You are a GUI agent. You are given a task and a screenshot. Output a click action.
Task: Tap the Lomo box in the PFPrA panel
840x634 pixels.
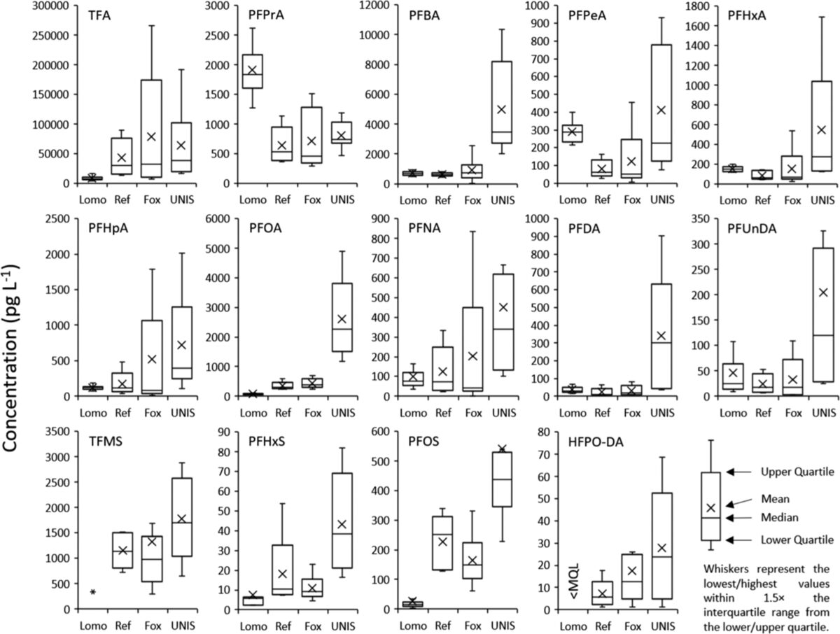pos(253,71)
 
